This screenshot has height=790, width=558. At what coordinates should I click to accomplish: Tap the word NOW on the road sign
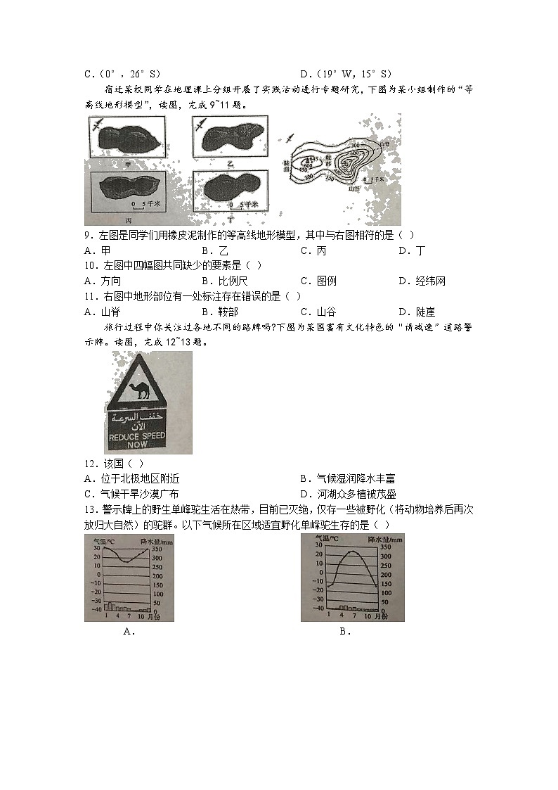tap(138, 445)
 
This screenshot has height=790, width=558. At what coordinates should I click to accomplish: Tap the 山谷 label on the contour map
tap(353, 189)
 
